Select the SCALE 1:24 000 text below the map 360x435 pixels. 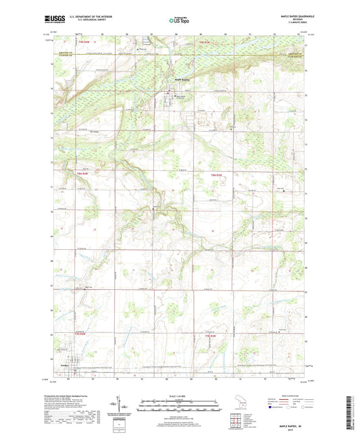(180, 396)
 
